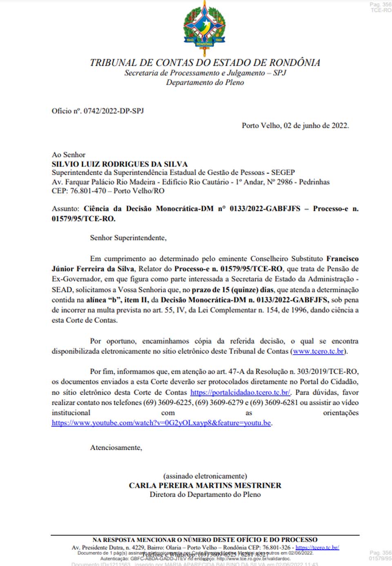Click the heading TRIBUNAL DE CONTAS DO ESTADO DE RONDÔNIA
(x=205, y=62)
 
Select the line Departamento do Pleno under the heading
(x=205, y=82)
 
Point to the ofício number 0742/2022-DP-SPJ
(x=114, y=111)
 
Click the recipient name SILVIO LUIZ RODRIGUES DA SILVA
(x=120, y=164)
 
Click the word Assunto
(x=65, y=209)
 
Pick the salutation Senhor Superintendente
(x=128, y=238)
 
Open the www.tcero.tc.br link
(x=318, y=351)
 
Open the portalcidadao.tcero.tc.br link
(x=240, y=393)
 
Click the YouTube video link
(x=161, y=423)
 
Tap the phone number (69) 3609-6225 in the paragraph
(x=167, y=403)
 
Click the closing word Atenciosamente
(x=116, y=448)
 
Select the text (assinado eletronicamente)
(x=205, y=476)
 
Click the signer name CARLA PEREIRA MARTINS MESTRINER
(x=205, y=486)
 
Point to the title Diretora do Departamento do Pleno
(x=205, y=495)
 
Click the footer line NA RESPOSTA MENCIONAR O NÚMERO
(x=205, y=539)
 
